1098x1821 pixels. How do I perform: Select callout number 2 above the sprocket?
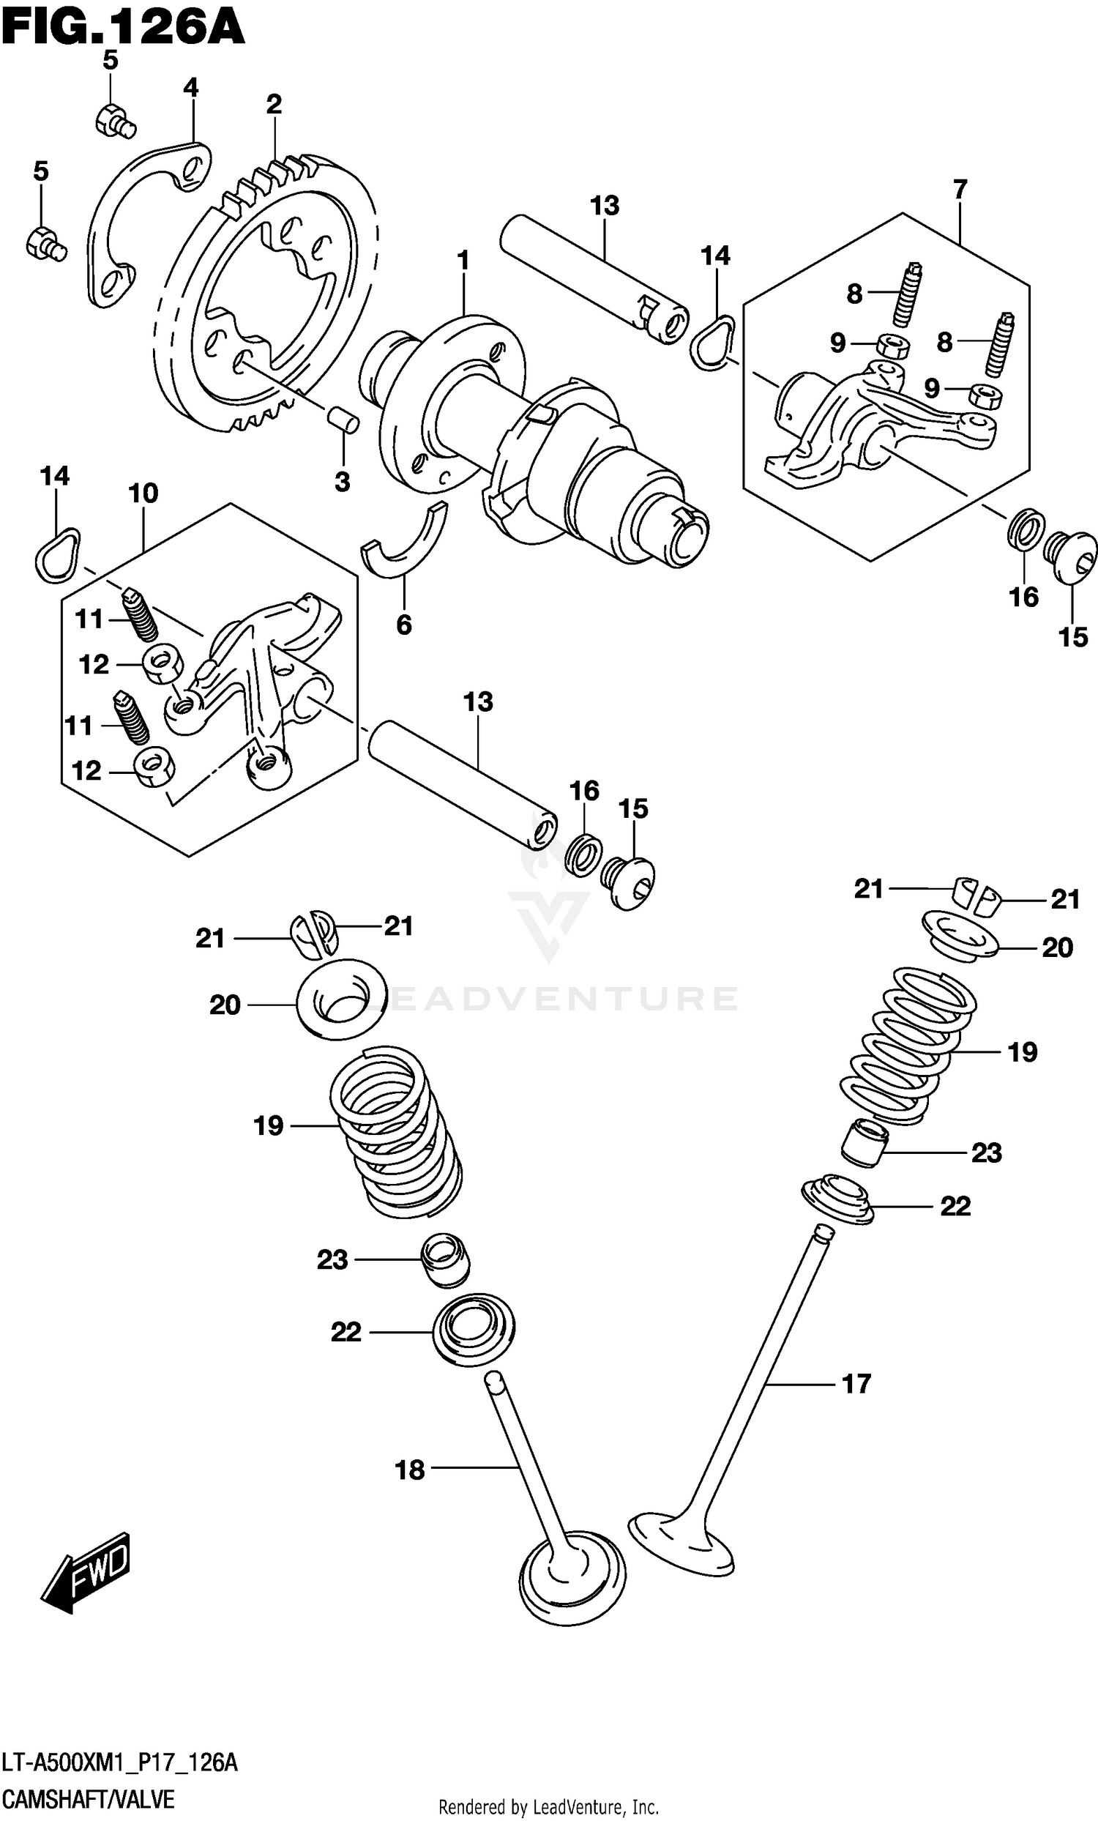274,105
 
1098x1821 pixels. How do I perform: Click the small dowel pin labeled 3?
343,417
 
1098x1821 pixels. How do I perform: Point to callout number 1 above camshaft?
463,261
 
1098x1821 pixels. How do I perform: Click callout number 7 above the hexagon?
960,190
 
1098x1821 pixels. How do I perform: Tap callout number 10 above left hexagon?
143,493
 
